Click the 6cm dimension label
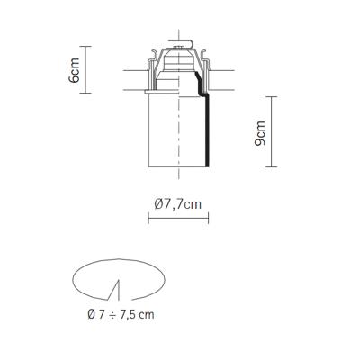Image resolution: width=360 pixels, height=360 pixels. click(74, 70)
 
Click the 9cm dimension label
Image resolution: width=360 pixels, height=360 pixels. click(260, 133)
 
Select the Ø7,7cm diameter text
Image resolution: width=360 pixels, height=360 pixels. click(178, 204)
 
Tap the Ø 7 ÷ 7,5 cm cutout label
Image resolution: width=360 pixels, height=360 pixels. click(121, 314)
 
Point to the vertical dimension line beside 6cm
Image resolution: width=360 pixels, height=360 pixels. click(85, 69)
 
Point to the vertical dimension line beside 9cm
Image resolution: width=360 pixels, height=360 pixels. click(272, 131)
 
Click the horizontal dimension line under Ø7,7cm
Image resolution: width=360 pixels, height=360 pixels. click(178, 218)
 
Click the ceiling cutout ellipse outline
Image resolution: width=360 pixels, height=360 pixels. click(119, 259)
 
